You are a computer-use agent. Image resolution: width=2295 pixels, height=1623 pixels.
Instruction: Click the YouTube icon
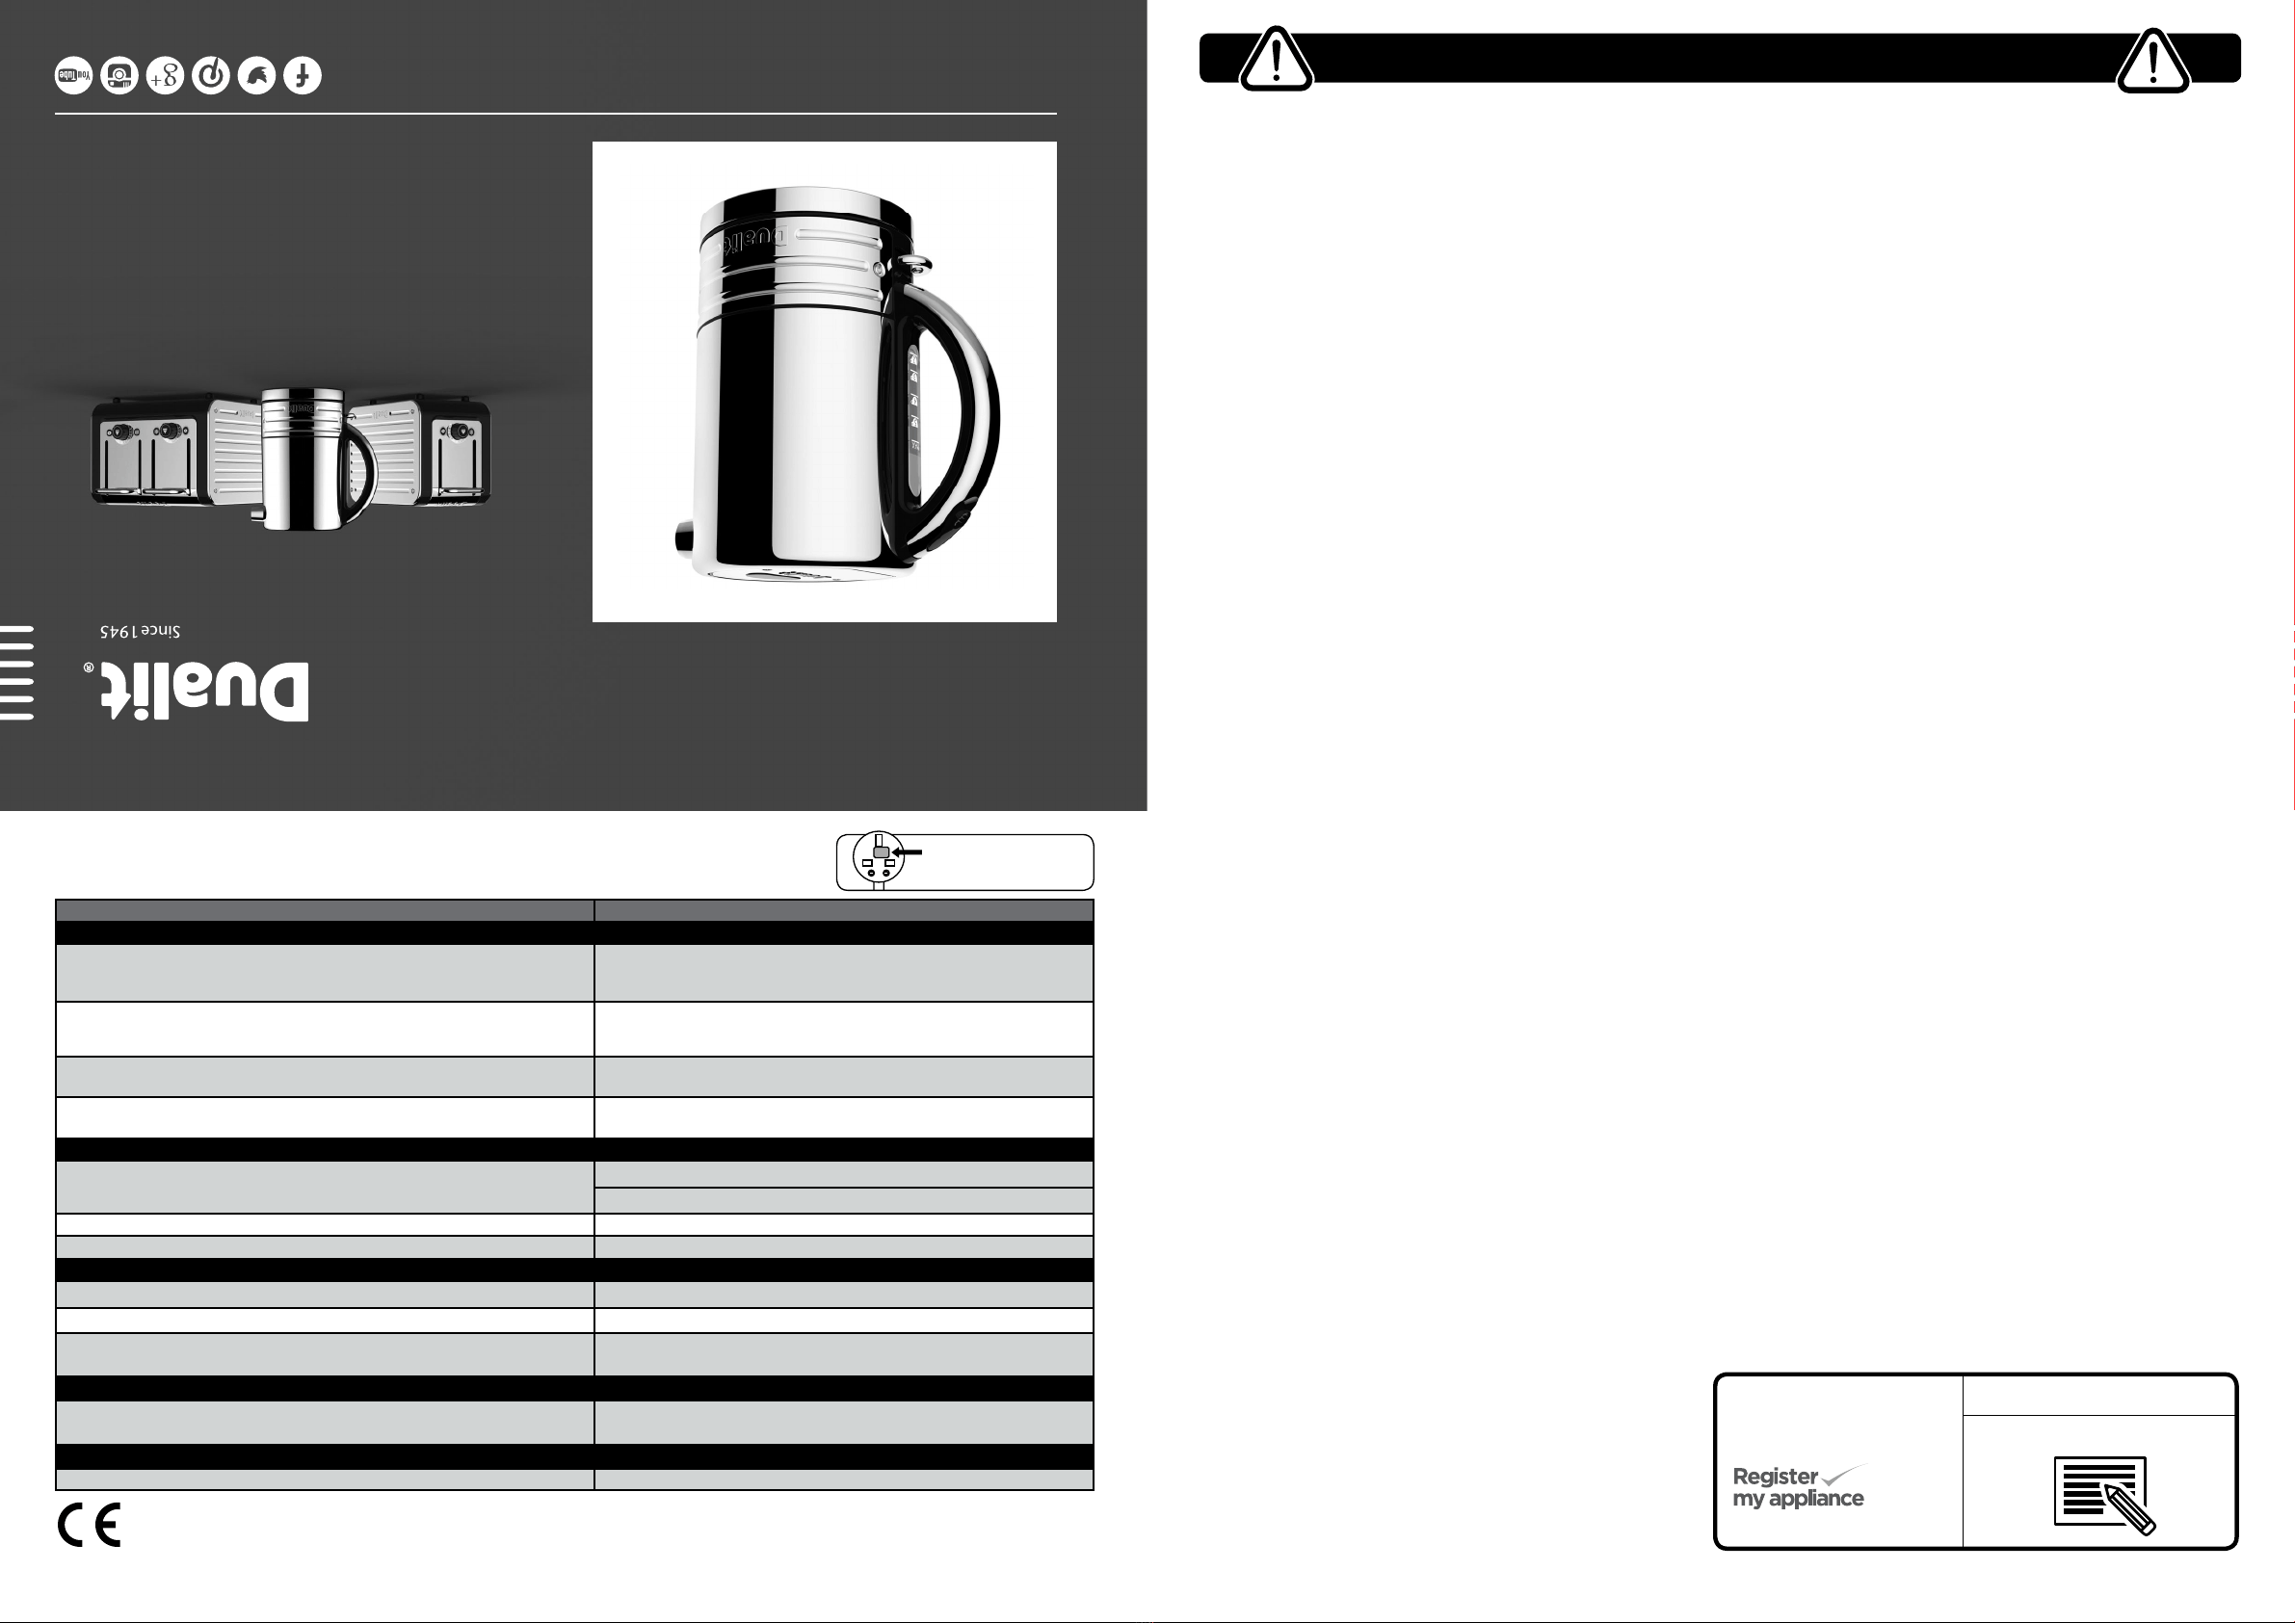(x=74, y=76)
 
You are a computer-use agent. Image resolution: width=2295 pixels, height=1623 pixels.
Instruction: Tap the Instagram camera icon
(x=119, y=76)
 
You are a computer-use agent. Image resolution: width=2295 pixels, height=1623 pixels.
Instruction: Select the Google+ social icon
(x=165, y=76)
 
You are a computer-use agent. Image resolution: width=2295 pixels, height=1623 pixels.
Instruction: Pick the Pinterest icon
(x=211, y=76)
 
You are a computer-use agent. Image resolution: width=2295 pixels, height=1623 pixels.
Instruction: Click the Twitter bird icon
(x=257, y=76)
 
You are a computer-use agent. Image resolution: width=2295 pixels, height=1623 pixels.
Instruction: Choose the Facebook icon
(x=303, y=76)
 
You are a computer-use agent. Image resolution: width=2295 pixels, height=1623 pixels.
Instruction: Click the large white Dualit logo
(x=205, y=691)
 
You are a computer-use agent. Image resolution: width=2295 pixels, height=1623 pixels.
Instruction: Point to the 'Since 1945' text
(x=140, y=632)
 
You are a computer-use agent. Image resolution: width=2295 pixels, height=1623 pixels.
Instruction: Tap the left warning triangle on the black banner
(x=1276, y=61)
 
